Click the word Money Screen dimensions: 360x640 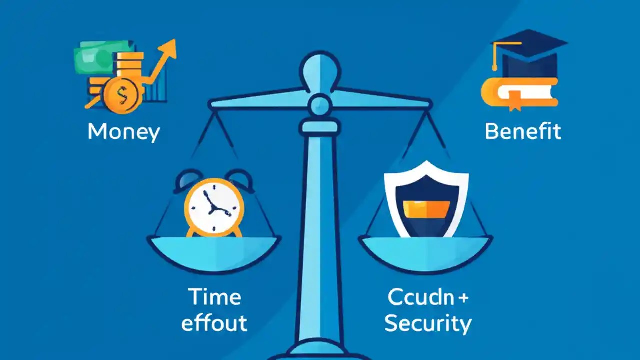(123, 132)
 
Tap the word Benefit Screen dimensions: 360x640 (523, 132)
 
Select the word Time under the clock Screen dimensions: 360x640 (214, 297)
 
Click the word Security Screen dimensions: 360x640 (427, 324)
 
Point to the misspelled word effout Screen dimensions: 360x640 (214, 323)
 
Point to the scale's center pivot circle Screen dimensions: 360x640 (319, 105)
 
